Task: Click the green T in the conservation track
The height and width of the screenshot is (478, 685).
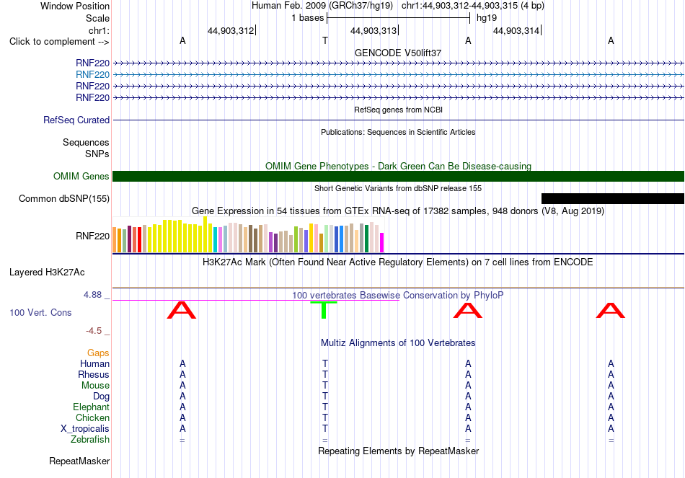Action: click(x=324, y=310)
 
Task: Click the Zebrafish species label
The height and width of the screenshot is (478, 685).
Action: click(x=90, y=440)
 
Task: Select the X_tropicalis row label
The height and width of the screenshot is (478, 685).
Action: click(x=85, y=429)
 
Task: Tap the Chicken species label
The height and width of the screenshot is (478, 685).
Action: click(x=92, y=417)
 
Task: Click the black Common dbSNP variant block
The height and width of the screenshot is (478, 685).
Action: click(x=612, y=198)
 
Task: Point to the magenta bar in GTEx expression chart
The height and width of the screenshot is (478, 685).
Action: click(x=382, y=242)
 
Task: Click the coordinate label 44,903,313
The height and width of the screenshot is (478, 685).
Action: click(x=374, y=30)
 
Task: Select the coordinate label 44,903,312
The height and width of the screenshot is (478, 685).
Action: click(x=231, y=30)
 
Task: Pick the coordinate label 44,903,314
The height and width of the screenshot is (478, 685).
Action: click(x=516, y=30)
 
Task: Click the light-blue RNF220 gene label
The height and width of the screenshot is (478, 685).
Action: click(x=92, y=75)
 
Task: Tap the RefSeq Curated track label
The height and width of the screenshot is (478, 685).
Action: click(x=76, y=120)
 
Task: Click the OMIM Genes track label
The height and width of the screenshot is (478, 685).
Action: click(x=81, y=176)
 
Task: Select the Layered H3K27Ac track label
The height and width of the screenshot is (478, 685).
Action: click(x=47, y=273)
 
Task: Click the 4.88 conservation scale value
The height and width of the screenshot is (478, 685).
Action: click(x=92, y=295)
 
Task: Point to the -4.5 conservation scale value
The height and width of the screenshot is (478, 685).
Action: click(x=94, y=331)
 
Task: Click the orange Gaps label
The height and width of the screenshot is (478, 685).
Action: click(x=98, y=353)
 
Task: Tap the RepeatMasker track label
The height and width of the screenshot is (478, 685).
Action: click(x=79, y=461)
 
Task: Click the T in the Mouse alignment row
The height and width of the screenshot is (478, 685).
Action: click(x=325, y=386)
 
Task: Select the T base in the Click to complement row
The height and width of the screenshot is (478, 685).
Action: click(x=325, y=40)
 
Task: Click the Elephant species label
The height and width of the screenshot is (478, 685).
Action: click(x=92, y=407)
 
